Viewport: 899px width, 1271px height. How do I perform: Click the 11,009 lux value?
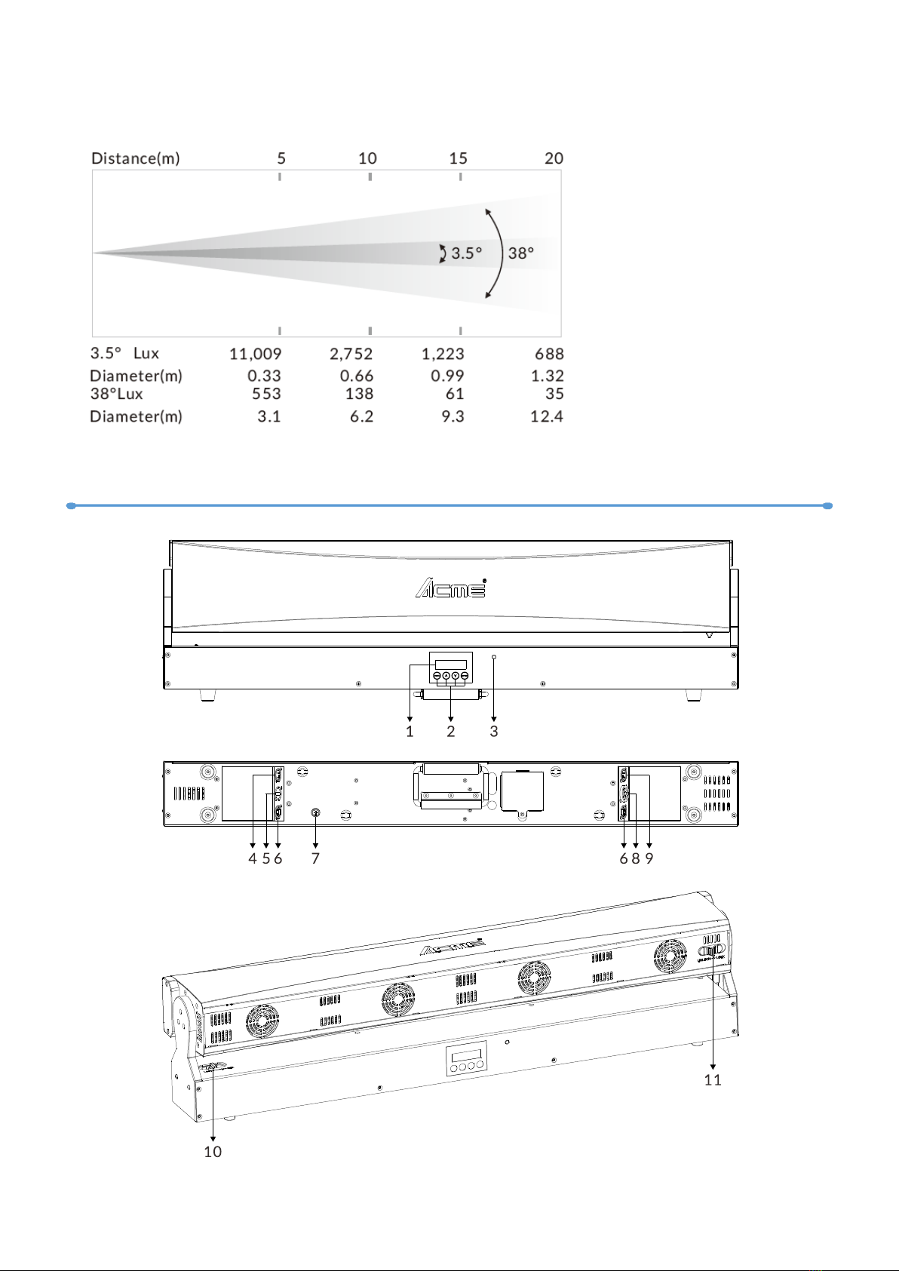coord(255,354)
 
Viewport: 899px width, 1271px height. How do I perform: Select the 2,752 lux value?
coord(351,354)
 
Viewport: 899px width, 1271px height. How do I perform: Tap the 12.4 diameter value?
coord(547,416)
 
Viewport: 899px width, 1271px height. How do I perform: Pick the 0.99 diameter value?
coord(447,376)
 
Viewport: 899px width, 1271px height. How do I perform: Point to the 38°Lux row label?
coord(116,394)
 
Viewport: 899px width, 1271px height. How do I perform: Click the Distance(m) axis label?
coord(136,158)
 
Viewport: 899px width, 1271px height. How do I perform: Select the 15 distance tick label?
coord(459,158)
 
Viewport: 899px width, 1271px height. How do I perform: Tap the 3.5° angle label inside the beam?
coord(467,253)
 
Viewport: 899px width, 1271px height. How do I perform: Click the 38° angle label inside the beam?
coord(520,253)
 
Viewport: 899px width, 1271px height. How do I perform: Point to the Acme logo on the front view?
coord(451,588)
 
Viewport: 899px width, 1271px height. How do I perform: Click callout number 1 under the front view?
coord(410,732)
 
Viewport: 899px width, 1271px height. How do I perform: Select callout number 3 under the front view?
coord(494,732)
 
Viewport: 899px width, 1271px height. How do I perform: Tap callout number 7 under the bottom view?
coord(315,858)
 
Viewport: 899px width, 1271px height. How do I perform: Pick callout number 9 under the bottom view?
coord(649,858)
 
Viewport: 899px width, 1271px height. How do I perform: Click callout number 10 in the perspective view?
coord(213,1152)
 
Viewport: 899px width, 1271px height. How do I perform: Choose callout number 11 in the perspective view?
coord(713,1079)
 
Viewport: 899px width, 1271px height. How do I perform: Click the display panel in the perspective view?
coord(466,1059)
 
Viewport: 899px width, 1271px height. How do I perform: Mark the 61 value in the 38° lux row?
coord(455,394)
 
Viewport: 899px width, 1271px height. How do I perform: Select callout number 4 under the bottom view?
coord(253,858)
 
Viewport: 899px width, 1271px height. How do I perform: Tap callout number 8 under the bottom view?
coord(636,858)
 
